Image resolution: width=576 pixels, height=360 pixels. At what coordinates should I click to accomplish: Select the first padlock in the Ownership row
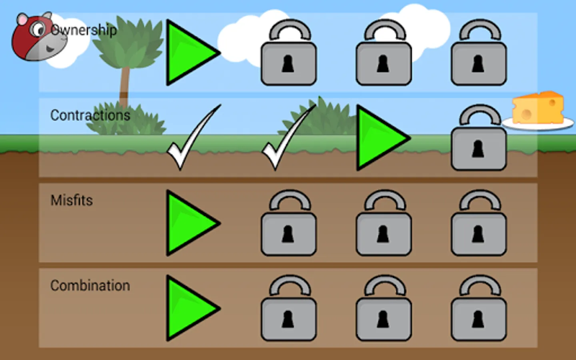pos(288,54)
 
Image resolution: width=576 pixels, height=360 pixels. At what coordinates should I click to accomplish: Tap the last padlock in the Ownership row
pos(479,54)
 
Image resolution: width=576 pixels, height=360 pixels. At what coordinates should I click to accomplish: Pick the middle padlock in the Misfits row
pos(384,224)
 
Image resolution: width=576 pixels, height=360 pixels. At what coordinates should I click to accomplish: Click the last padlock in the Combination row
pos(479,309)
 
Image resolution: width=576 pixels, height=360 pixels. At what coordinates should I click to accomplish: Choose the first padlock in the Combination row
pos(288,309)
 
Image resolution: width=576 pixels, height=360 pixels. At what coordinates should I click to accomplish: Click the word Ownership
pos(84,30)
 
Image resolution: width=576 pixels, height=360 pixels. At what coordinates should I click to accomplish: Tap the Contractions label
pos(90,115)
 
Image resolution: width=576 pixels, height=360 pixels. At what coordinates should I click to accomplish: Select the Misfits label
pos(72,200)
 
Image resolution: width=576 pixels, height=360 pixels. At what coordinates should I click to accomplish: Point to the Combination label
pos(90,286)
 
